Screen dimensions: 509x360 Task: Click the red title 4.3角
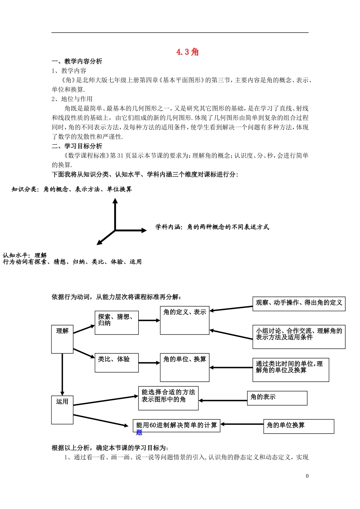click(188, 52)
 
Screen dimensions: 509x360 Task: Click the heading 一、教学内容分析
click(77, 61)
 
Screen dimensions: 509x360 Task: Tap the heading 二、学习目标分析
click(77, 146)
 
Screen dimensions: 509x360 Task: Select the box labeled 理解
click(62, 339)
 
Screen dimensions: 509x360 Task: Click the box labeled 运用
click(62, 410)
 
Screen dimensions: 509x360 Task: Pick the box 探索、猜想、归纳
click(116, 323)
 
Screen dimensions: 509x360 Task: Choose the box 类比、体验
click(116, 363)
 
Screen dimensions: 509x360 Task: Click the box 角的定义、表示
click(185, 321)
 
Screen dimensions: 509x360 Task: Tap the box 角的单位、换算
click(185, 367)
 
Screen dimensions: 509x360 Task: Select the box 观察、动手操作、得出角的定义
click(299, 304)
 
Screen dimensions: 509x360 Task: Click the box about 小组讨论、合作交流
click(299, 337)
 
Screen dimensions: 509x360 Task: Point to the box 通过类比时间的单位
click(290, 370)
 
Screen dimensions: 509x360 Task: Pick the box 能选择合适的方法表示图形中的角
click(168, 398)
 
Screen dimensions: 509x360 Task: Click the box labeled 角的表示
click(277, 398)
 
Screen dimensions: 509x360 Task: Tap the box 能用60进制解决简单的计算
click(176, 426)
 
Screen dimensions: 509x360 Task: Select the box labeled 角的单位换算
click(299, 426)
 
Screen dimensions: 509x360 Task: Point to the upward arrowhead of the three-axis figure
click(115, 201)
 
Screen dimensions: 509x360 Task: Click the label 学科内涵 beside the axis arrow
click(169, 227)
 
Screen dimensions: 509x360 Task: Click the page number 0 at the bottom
click(307, 476)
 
